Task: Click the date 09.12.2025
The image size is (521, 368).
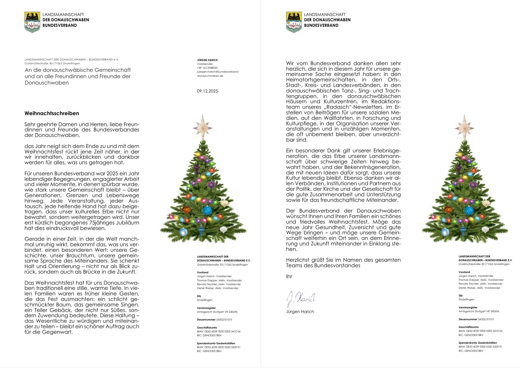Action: (207, 91)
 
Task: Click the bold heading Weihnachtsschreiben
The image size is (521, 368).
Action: (52, 113)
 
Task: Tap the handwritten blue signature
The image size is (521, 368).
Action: (301, 299)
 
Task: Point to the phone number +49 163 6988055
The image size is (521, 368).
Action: (207, 68)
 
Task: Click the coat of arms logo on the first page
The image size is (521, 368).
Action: (32, 22)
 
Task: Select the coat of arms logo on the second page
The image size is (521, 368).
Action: (294, 22)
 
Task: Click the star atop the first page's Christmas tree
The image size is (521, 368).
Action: (202, 127)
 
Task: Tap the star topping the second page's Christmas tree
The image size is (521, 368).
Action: (464, 127)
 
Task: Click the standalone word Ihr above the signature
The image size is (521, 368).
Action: (289, 277)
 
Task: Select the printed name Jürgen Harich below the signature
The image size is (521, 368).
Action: (300, 312)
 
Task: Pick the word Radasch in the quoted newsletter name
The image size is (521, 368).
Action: (337, 107)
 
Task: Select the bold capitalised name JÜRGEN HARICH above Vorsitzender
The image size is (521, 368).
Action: (207, 60)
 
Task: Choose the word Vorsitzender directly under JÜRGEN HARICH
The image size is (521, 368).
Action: (205, 64)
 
